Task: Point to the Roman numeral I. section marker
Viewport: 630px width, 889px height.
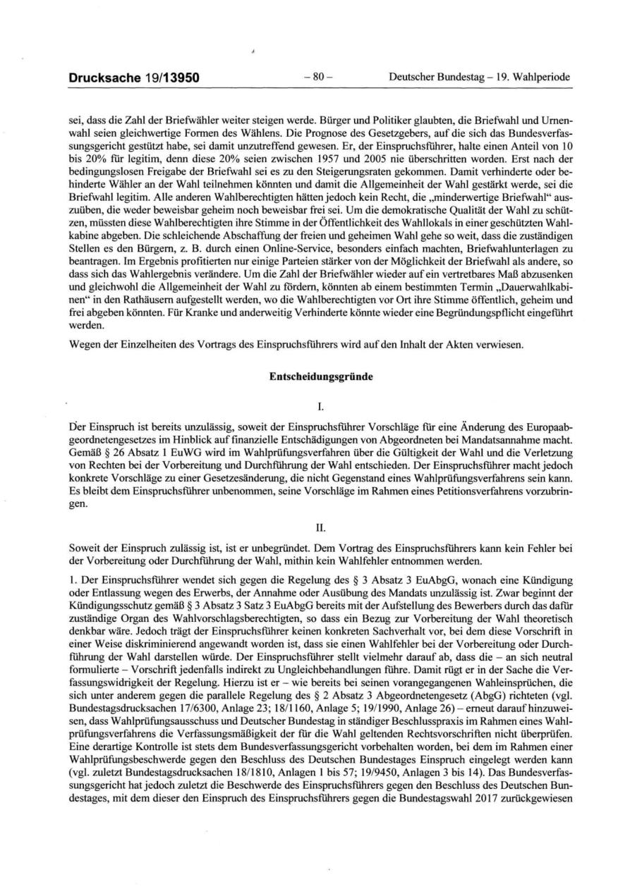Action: [321, 405]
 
